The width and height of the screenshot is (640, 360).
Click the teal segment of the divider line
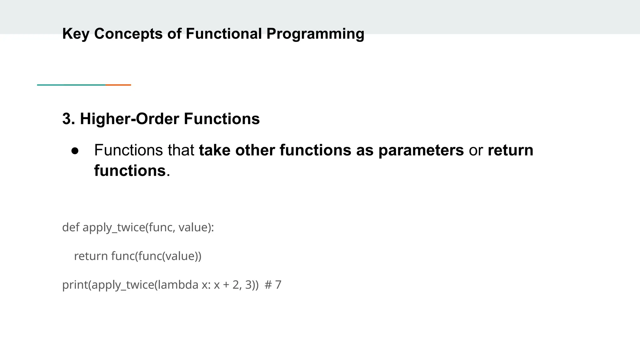pyautogui.click(x=71, y=85)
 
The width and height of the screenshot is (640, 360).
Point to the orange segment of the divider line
pyautogui.click(x=118, y=85)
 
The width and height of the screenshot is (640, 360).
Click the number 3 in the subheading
pyautogui.click(x=66, y=119)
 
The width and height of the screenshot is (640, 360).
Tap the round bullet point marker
pyautogui.click(x=75, y=151)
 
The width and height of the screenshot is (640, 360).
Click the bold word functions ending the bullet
pyautogui.click(x=130, y=171)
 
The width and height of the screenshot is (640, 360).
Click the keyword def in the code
pyautogui.click(x=71, y=227)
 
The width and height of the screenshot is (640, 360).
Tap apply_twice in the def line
pyautogui.click(x=114, y=227)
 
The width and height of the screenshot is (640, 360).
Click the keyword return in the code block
pyautogui.click(x=91, y=256)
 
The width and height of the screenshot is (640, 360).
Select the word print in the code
pyautogui.click(x=75, y=285)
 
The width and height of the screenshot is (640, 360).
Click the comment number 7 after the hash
pyautogui.click(x=278, y=285)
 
